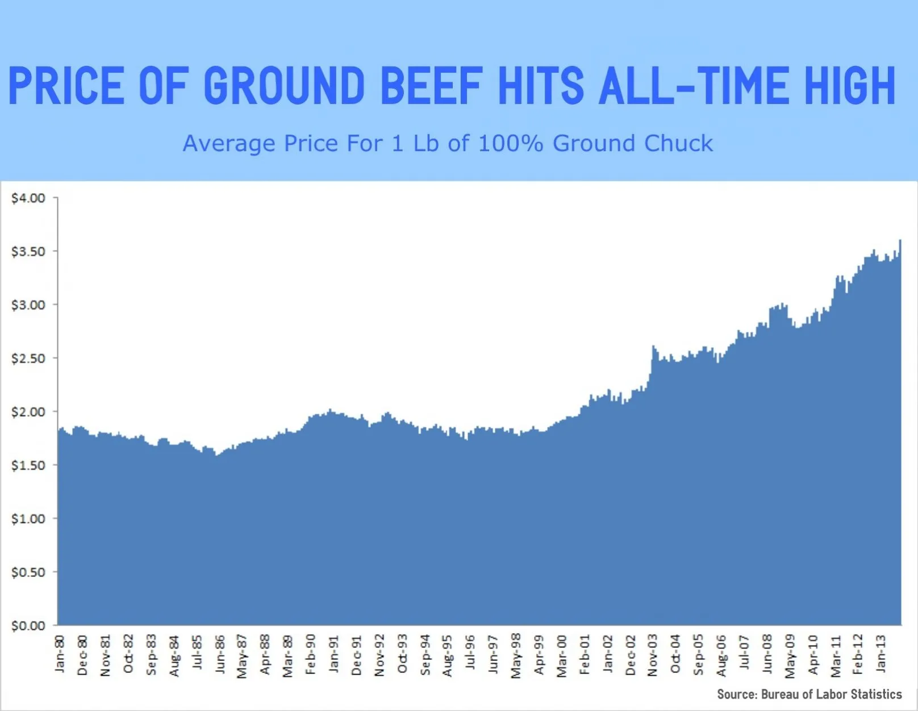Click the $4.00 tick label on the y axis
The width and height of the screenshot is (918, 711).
[x=28, y=198]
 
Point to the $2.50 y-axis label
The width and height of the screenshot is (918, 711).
[x=28, y=358]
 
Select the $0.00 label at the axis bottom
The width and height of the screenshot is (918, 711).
[x=28, y=626]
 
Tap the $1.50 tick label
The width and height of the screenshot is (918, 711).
[x=28, y=465]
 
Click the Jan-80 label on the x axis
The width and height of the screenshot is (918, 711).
[x=60, y=654]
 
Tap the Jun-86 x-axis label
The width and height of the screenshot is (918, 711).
[x=220, y=655]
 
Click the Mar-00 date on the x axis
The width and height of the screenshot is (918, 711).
[x=562, y=656]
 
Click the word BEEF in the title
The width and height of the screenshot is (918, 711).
[x=431, y=86]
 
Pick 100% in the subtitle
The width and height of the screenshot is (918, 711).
[x=510, y=144]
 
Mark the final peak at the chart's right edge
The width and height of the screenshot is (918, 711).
[x=900, y=241]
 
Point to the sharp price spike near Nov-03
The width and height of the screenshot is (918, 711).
[x=654, y=346]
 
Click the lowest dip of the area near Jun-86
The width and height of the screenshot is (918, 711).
[x=216, y=455]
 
